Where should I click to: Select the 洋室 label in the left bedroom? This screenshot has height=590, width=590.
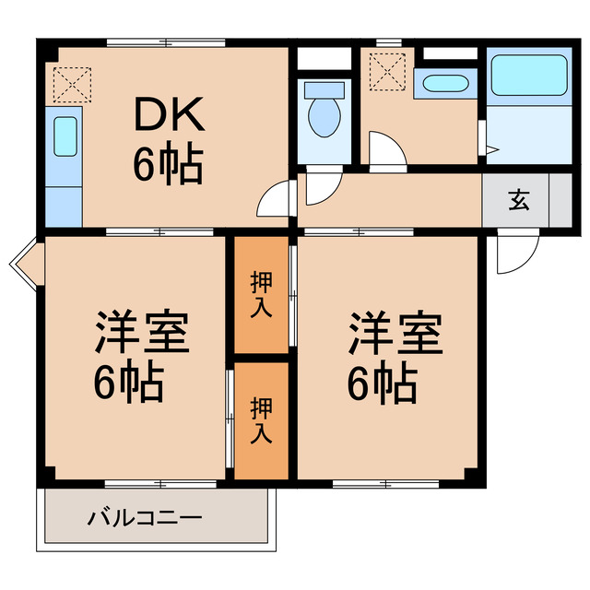click(142, 335)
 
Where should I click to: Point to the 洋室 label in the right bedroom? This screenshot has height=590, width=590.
click(394, 335)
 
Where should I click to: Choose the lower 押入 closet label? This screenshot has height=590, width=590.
click(262, 419)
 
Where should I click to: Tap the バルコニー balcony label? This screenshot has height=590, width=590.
click(145, 517)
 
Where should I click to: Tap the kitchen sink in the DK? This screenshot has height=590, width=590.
click(64, 136)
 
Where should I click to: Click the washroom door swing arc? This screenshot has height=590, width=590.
click(384, 151)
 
